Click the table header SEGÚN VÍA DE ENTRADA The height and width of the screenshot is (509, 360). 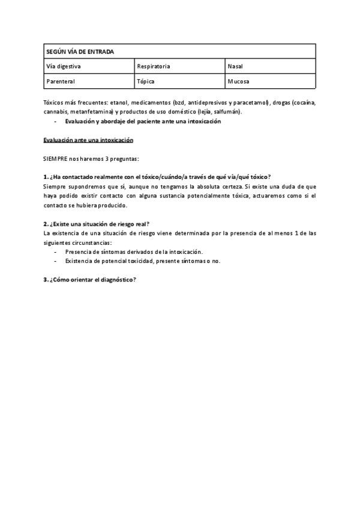coord(80,52)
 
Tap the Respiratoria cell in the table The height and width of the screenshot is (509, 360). coord(154,66)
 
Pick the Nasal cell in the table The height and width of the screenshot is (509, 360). coord(235,66)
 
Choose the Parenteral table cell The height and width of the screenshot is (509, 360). coord(61,81)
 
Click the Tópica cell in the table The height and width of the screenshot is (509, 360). coord(146,81)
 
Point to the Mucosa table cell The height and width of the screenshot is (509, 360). coord(238,81)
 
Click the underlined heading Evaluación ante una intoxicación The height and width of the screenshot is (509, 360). coord(88,140)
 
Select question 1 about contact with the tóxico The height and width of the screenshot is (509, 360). coord(157,176)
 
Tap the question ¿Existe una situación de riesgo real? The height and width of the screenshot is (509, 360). coord(96,223)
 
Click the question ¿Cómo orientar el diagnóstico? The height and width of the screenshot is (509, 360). coord(90,279)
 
